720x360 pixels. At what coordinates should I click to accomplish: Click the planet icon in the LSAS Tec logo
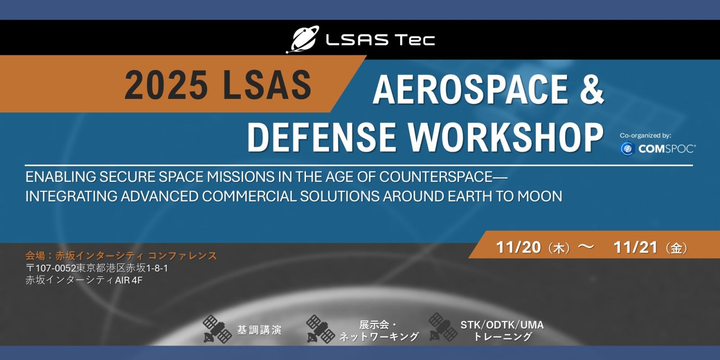pyautogui.click(x=302, y=39)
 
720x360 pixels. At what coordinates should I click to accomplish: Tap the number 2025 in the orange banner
pyautogui.click(x=166, y=85)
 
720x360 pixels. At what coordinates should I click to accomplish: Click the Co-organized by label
pyautogui.click(x=645, y=135)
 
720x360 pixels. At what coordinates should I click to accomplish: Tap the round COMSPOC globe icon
pyautogui.click(x=627, y=149)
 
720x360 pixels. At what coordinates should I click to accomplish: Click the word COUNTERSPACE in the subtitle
pyautogui.click(x=436, y=177)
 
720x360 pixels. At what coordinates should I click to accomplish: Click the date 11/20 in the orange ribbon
pyautogui.click(x=518, y=247)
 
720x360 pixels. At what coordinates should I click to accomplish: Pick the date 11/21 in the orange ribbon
pyautogui.click(x=635, y=247)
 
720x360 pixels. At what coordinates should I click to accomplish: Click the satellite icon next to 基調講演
pyautogui.click(x=217, y=329)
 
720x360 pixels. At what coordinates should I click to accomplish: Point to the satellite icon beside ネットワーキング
pyautogui.click(x=320, y=329)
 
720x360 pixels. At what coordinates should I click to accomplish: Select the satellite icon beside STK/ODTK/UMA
pyautogui.click(x=443, y=327)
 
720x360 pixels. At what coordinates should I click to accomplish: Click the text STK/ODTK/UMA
pyautogui.click(x=502, y=325)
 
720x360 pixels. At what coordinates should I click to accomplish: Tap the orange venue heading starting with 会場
pyautogui.click(x=121, y=256)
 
